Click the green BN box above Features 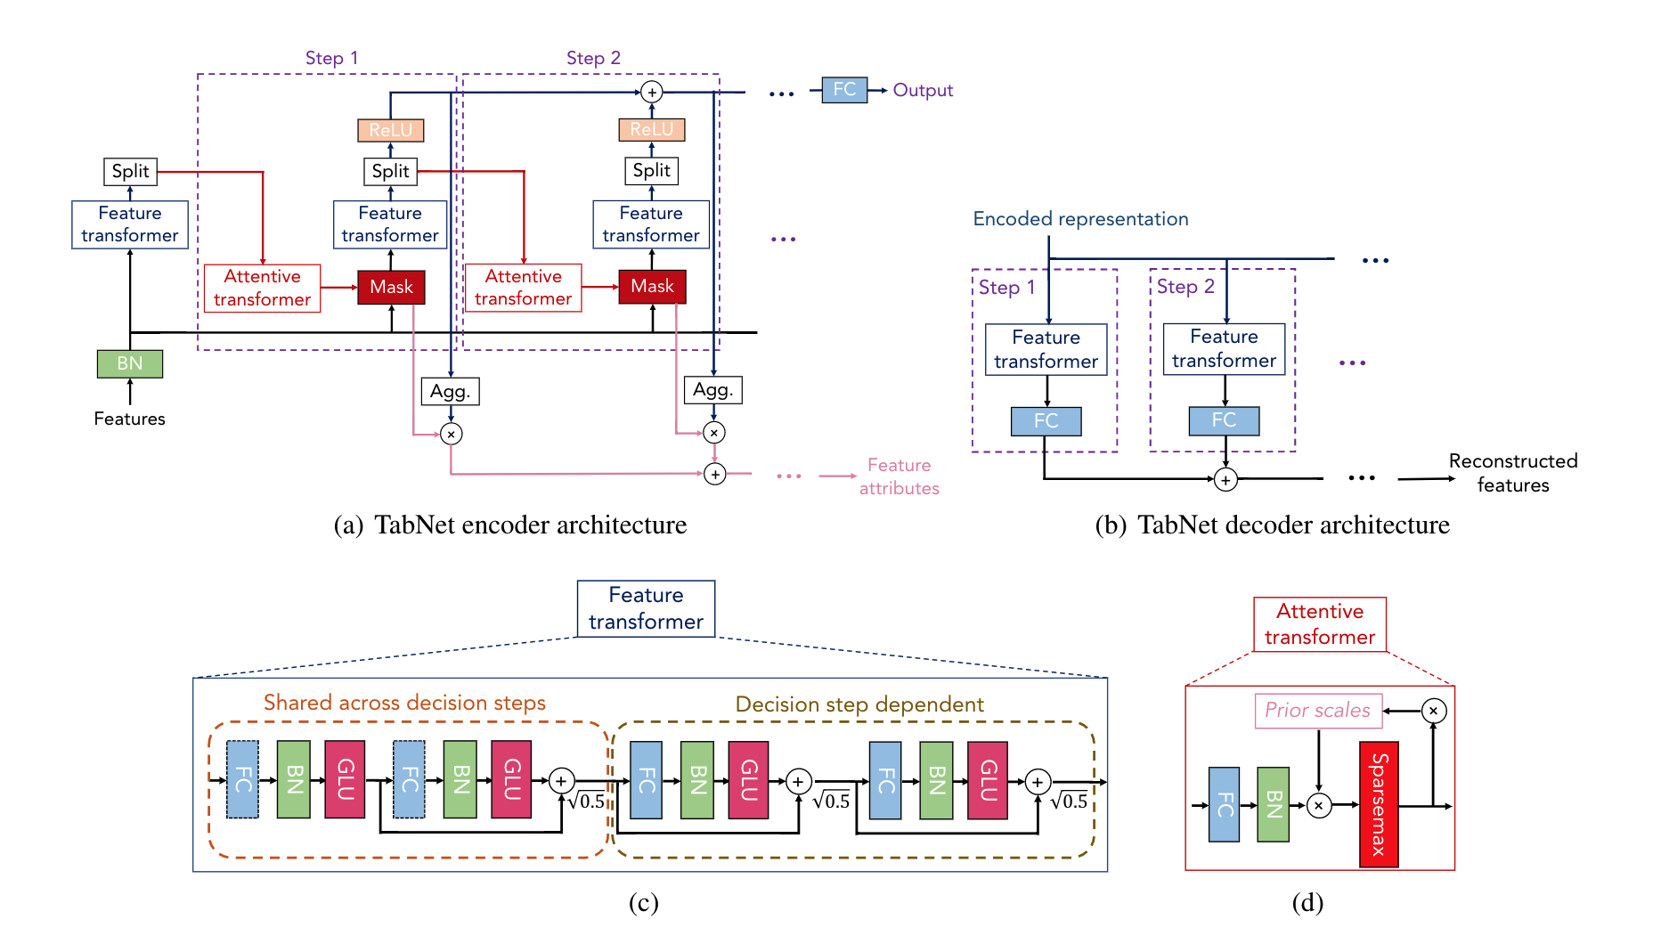pos(130,363)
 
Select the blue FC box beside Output pos(844,90)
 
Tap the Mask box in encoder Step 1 pos(391,287)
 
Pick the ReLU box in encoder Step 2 pos(652,130)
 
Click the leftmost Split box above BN pos(131,171)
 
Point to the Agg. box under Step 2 pos(712,390)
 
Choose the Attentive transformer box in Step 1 pos(262,288)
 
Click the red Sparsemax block pos(1379,804)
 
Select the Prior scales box pos(1318,711)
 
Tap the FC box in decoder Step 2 pos(1224,420)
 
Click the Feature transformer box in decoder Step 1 pos(1046,349)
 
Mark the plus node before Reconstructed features pos(1225,480)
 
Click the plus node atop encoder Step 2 pos(652,92)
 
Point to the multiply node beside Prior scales pos(1433,711)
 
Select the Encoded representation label pos(1080,219)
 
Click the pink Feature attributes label pos(899,476)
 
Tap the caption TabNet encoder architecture pos(510,525)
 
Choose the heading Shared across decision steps pos(404,703)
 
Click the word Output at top pos(923,90)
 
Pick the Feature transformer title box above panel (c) pos(646,608)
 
